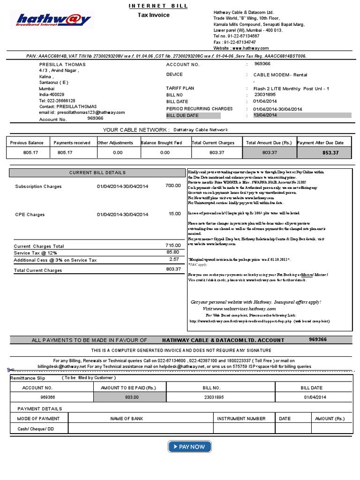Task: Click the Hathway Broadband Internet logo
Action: tap(53, 20)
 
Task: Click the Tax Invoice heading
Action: tap(153, 15)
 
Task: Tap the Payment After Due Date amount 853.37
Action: tap(330, 153)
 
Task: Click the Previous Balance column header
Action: tap(27, 142)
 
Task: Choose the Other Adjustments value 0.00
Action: tap(118, 153)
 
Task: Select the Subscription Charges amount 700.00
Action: tap(173, 186)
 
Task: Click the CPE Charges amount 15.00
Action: tap(174, 214)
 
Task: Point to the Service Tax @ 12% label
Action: tap(35, 253)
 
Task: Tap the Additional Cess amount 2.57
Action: tap(174, 259)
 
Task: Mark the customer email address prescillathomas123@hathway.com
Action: tap(82, 112)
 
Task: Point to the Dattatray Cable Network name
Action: tap(200, 130)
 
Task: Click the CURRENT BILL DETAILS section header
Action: tap(97, 173)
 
